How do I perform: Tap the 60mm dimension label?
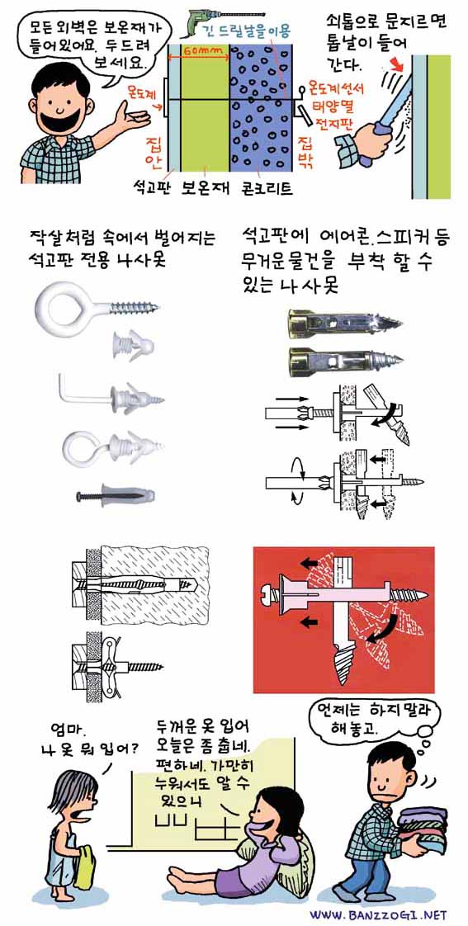tap(197, 50)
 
